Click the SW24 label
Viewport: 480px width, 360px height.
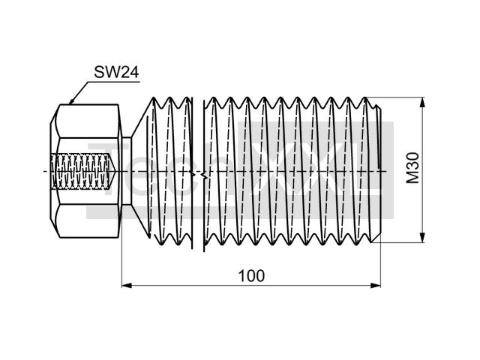[116, 72]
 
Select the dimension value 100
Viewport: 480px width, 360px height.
[251, 275]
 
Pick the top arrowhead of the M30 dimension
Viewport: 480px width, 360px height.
[424, 102]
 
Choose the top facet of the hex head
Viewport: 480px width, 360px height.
[86, 120]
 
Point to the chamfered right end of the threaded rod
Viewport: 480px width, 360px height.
[386, 170]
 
